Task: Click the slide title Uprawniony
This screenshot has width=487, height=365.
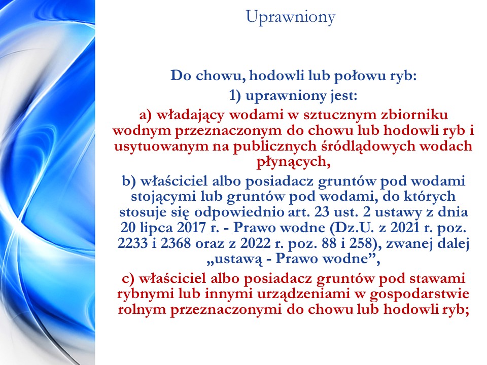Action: click(x=291, y=17)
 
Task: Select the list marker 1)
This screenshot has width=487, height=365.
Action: click(x=235, y=95)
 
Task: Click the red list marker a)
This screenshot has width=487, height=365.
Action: click(x=146, y=115)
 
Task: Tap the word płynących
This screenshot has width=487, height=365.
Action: click(x=293, y=162)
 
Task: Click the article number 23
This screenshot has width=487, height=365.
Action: click(x=322, y=212)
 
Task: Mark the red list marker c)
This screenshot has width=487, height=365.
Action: click(x=128, y=278)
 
